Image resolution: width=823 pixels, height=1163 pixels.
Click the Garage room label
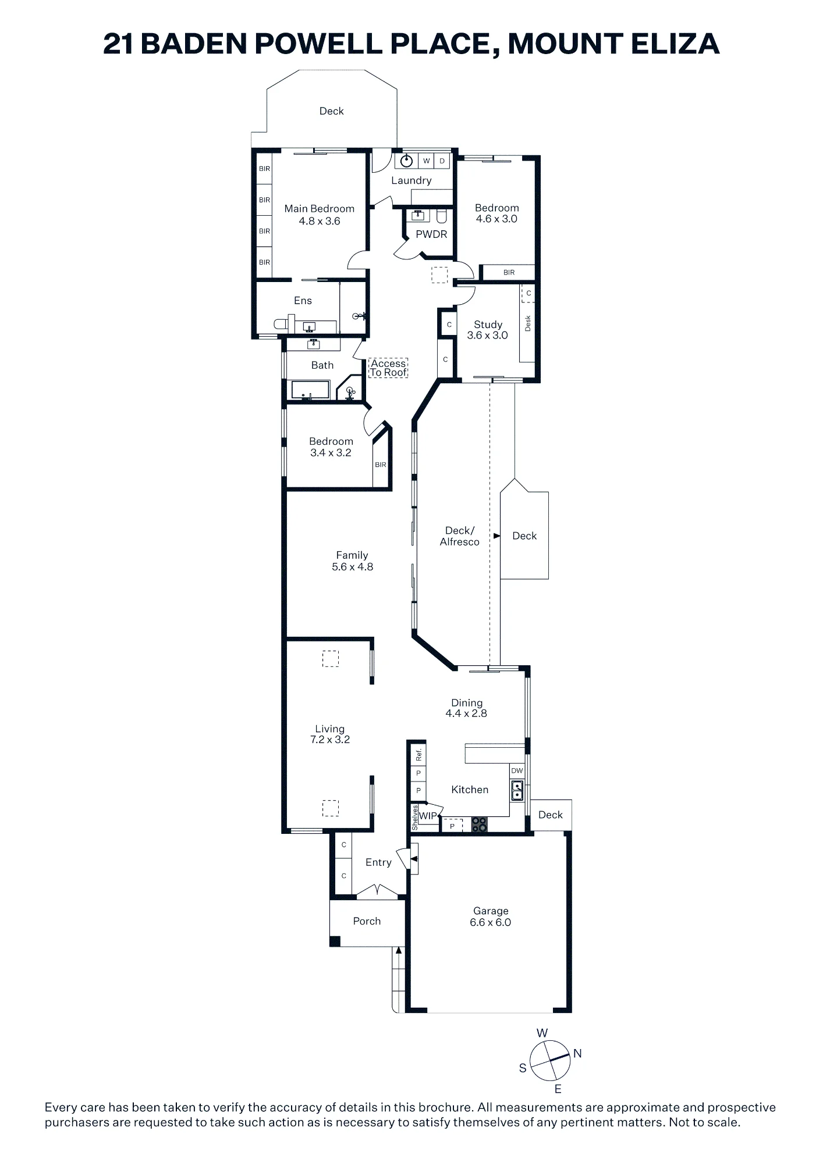491,911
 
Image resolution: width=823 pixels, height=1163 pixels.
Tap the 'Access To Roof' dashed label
388,368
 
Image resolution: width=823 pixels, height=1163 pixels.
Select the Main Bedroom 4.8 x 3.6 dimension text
320,221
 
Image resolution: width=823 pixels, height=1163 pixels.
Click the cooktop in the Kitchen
479,824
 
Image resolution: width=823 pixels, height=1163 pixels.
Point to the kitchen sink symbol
517,790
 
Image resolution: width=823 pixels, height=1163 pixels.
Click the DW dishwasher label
517,770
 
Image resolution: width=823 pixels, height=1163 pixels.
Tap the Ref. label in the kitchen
418,755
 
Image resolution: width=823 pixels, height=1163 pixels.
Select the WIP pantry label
428,816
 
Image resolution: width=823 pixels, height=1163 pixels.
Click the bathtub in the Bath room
310,390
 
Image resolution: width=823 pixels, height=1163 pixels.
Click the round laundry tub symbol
407,160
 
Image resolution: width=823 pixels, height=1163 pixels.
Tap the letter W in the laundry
427,161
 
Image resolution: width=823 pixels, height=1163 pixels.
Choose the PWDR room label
431,234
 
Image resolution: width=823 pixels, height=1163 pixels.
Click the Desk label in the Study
528,323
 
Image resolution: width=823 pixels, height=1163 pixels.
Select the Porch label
367,921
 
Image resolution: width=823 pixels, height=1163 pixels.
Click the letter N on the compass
577,1053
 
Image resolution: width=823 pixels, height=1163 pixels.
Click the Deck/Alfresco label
460,536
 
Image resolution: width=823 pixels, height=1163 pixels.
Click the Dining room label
467,702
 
